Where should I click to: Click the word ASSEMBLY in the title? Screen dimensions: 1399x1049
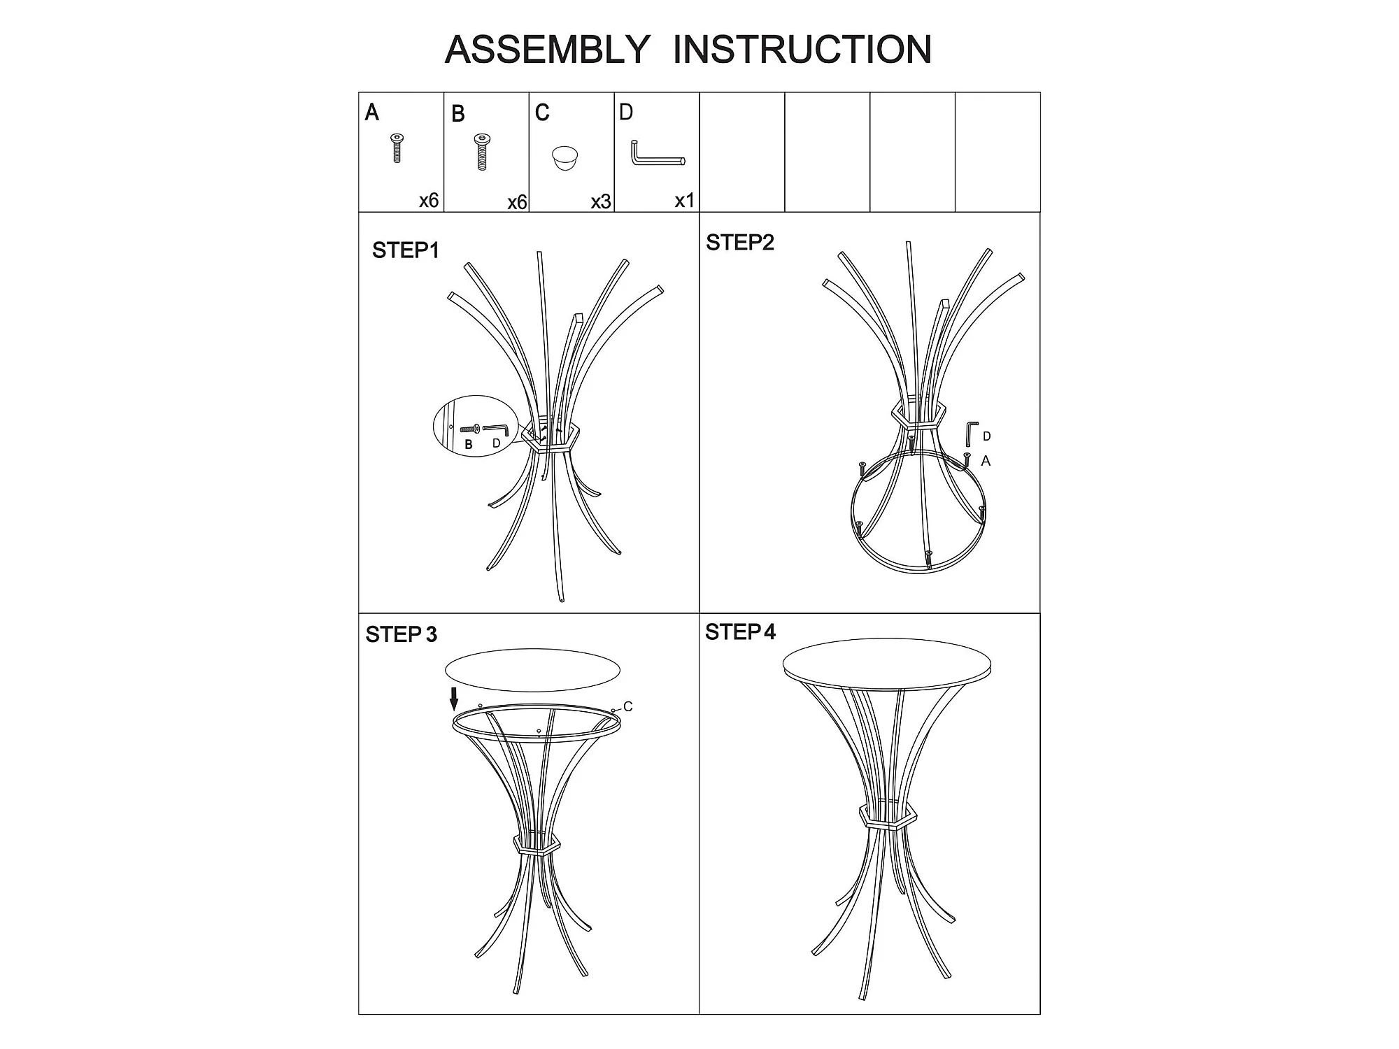548,50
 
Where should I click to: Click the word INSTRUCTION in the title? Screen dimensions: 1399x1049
802,49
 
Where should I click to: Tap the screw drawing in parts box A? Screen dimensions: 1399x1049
397,148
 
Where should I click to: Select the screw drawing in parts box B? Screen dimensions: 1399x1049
482,152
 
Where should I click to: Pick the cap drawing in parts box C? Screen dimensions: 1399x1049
565,158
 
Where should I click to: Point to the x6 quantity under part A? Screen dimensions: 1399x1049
429,201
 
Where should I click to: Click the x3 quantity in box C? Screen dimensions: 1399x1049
601,202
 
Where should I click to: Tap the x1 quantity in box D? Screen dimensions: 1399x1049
685,201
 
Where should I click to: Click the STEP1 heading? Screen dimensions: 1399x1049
406,250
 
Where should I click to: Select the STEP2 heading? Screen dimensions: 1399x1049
740,243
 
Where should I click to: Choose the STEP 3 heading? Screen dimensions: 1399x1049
402,634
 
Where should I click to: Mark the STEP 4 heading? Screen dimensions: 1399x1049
741,632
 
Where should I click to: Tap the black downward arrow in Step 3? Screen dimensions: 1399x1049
454,699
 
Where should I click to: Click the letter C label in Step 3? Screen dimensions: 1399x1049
628,707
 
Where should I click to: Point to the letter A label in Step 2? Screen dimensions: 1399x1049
986,461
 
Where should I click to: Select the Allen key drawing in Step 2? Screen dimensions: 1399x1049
972,433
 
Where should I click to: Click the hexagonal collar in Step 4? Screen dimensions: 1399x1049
888,816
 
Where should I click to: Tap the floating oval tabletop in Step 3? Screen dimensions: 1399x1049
532,670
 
